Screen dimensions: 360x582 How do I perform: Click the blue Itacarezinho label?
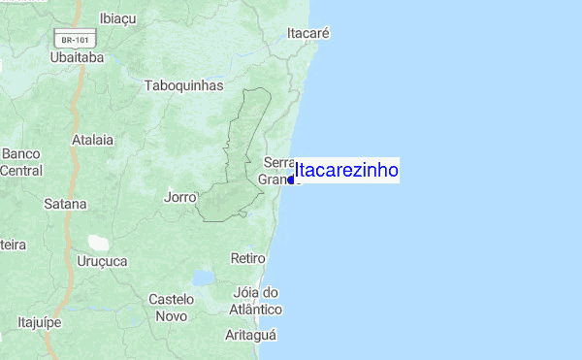tap(346, 170)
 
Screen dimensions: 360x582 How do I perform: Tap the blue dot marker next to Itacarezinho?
tap(291, 180)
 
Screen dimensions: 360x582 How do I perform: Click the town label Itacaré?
tap(309, 33)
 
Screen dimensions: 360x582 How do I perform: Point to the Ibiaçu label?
tap(117, 17)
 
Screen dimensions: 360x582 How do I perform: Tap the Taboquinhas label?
tap(183, 85)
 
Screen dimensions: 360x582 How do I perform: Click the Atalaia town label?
tap(92, 140)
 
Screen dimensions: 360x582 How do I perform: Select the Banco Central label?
tap(21, 162)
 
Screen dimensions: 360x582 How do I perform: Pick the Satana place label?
tap(65, 204)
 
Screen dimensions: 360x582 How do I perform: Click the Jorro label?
tap(180, 196)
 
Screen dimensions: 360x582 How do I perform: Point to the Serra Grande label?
tap(277, 171)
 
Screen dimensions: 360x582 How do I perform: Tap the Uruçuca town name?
tap(102, 261)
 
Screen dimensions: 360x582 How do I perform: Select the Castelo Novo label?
tap(172, 308)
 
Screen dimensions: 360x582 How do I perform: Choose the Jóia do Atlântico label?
tap(258, 301)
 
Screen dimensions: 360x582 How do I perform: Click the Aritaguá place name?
tap(251, 335)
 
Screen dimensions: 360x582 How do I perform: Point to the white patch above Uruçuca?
tap(98, 242)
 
